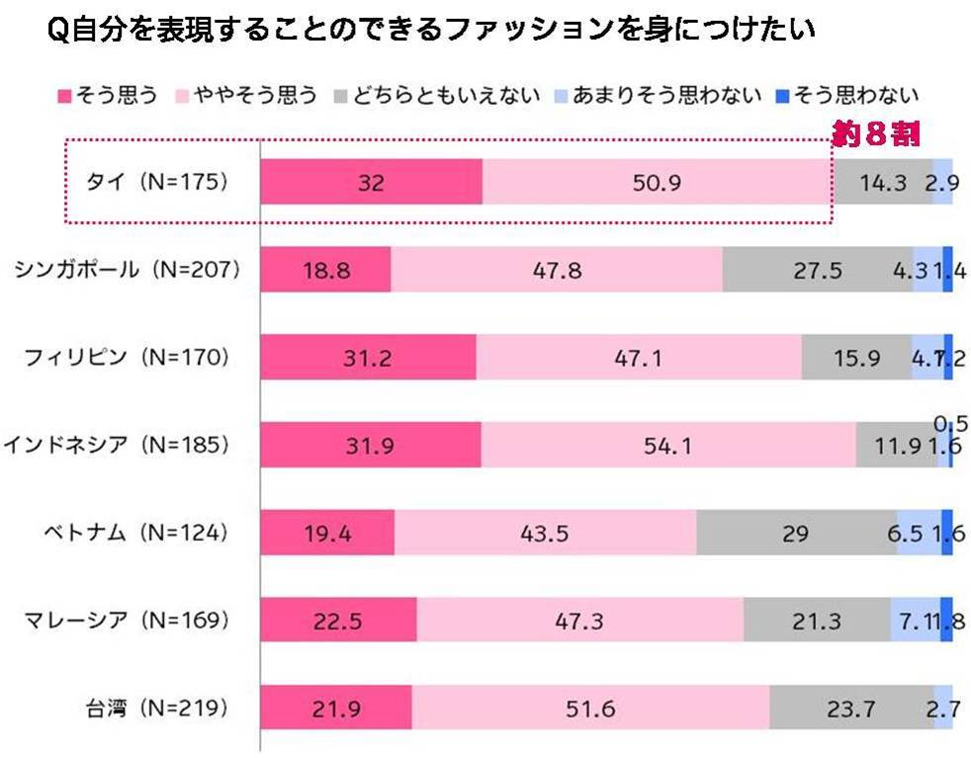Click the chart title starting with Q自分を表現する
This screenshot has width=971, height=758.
(x=430, y=31)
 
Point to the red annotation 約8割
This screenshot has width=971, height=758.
(x=876, y=136)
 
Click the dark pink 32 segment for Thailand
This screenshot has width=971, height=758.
(x=371, y=182)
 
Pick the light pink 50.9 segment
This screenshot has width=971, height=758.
(x=656, y=182)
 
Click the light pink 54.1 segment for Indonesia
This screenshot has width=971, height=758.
(x=667, y=445)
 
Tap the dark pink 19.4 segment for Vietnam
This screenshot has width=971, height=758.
(x=327, y=532)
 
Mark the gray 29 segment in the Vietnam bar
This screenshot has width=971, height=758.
(x=795, y=532)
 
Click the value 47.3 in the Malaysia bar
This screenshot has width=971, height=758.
(x=579, y=620)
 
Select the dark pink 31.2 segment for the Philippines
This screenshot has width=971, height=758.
(x=368, y=357)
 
